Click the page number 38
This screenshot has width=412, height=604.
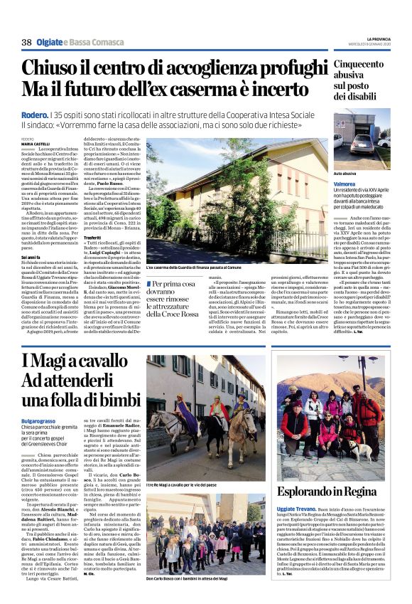[x=26, y=43]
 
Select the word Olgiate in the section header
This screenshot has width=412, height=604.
[x=50, y=43]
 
